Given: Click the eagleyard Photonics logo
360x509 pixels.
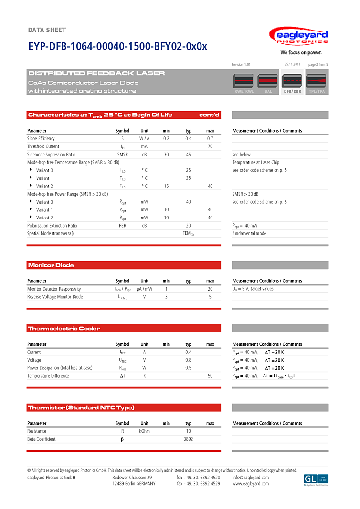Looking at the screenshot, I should click(x=298, y=37).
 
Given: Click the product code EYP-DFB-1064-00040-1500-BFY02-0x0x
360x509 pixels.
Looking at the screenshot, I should click(x=117, y=47).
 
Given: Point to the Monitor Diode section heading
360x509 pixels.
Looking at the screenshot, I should click(x=51, y=265).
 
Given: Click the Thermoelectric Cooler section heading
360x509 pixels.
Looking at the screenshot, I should click(x=64, y=329).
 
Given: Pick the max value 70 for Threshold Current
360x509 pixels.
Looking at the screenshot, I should click(x=210, y=146).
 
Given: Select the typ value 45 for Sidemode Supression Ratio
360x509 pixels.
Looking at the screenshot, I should click(x=188, y=155).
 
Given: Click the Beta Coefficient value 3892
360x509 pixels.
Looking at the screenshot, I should click(x=188, y=439).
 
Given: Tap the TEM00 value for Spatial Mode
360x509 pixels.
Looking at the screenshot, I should click(x=188, y=234).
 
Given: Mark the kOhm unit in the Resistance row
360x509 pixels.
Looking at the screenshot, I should click(x=144, y=431).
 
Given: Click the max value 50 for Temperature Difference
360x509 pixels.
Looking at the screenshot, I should click(x=210, y=376).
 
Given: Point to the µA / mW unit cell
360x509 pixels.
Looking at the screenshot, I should click(x=144, y=289).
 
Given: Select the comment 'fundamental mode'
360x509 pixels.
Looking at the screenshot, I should click(x=249, y=234).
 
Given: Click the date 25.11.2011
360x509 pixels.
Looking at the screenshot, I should click(x=292, y=64).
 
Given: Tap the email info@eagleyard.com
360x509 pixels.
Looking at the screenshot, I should click(x=251, y=478).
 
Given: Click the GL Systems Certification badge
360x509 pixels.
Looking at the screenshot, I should click(x=316, y=479).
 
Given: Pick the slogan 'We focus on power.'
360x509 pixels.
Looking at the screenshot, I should click(x=301, y=52).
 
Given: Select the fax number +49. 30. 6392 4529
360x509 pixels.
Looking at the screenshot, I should click(x=198, y=484).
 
